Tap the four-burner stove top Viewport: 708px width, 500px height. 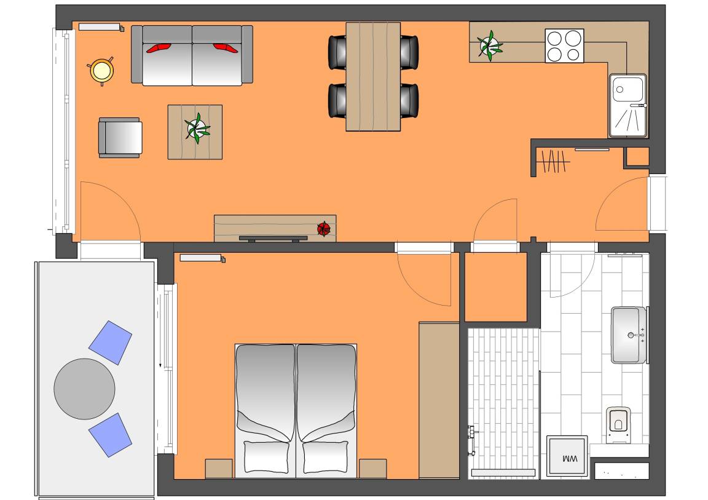click(564, 46)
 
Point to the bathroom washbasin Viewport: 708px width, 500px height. click(629, 335)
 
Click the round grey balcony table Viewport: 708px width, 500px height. click(84, 389)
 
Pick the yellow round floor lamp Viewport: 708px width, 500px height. click(101, 71)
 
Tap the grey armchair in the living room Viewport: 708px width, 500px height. click(120, 138)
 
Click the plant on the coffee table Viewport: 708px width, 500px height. click(197, 129)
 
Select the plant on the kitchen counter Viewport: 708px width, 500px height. click(489, 45)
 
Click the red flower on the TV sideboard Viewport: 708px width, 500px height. click(324, 229)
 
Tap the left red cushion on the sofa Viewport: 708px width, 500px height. click(159, 48)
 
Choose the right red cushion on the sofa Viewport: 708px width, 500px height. click(226, 48)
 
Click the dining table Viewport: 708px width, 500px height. click(373, 77)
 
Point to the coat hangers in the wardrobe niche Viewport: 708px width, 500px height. click(553, 161)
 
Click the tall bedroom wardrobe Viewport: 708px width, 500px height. click(439, 400)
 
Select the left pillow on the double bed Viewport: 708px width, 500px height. click(266, 456)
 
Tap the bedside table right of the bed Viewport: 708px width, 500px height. click(372, 469)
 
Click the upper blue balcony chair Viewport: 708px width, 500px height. click(110, 343)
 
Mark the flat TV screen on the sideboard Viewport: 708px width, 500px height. click(273, 238)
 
